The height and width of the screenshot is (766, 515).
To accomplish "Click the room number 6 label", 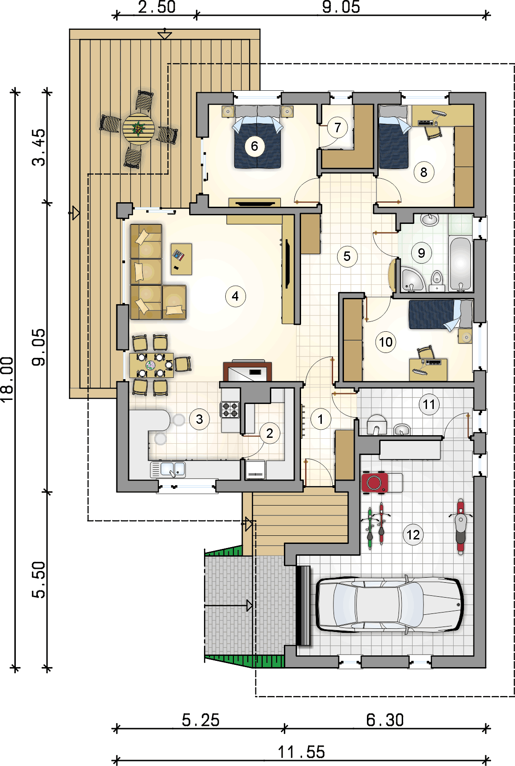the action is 255,146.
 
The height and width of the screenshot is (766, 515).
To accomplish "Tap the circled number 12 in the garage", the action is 413,534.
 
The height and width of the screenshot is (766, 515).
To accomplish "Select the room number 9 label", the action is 421,253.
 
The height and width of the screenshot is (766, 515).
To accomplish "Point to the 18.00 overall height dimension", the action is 8,380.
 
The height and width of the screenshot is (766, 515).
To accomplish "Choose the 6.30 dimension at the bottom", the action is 385,720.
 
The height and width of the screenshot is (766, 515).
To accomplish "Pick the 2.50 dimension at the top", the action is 157,7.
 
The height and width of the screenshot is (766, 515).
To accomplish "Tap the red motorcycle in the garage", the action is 461,527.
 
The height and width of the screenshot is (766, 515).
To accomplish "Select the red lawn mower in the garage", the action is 375,483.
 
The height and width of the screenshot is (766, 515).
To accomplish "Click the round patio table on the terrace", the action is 139,129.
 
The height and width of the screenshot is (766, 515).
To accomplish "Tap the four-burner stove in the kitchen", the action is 230,410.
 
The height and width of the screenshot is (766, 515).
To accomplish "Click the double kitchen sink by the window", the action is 173,469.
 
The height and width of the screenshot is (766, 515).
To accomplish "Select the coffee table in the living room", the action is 181,259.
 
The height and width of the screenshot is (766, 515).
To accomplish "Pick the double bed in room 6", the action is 257,142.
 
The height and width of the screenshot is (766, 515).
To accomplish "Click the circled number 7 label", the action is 338,128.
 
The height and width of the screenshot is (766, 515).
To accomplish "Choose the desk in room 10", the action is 428,369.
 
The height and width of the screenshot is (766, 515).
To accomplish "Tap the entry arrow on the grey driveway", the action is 229,606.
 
